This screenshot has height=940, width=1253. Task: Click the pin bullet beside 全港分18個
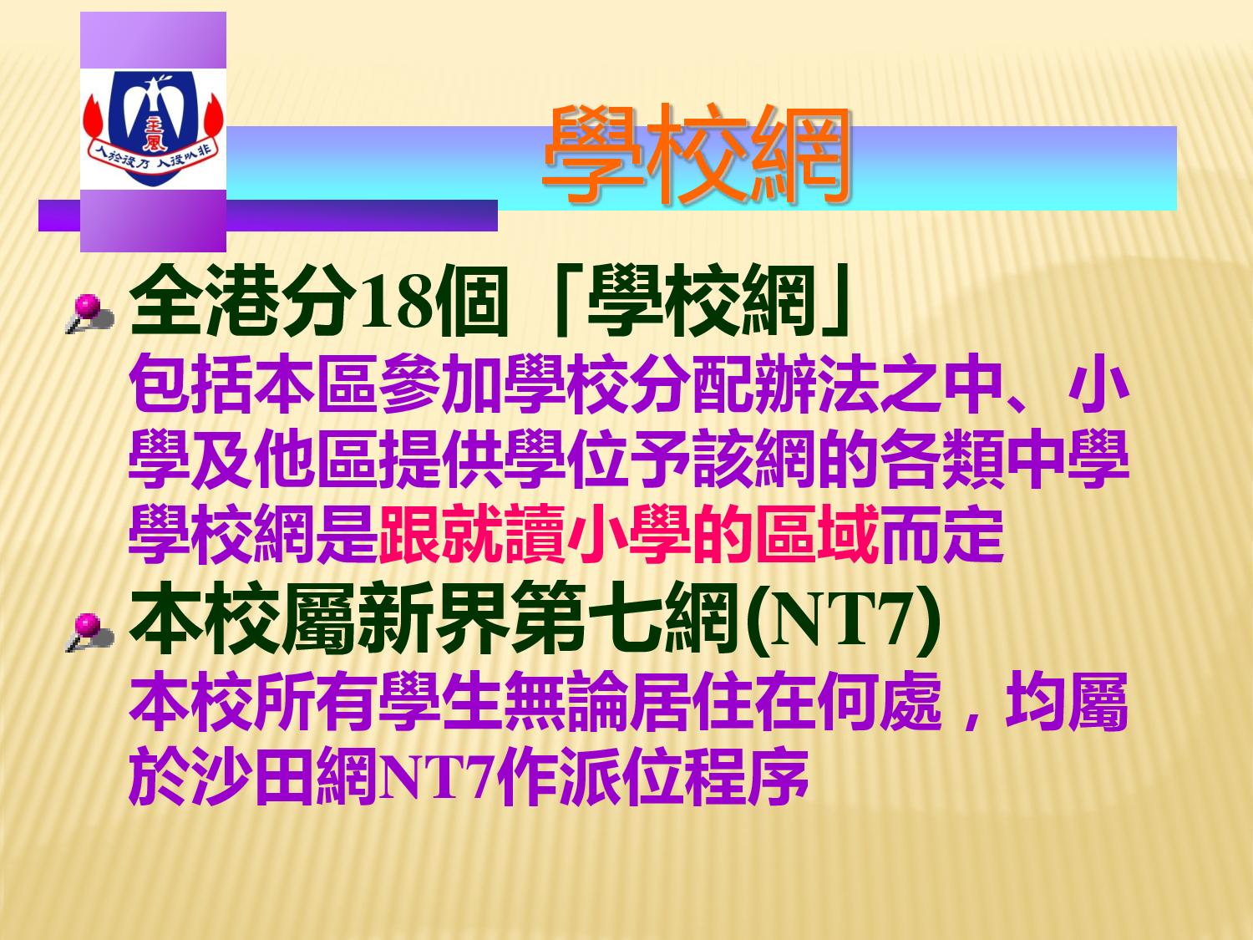point(89,313)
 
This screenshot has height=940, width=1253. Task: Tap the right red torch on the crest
point(214,119)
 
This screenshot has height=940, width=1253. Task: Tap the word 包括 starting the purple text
point(190,383)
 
